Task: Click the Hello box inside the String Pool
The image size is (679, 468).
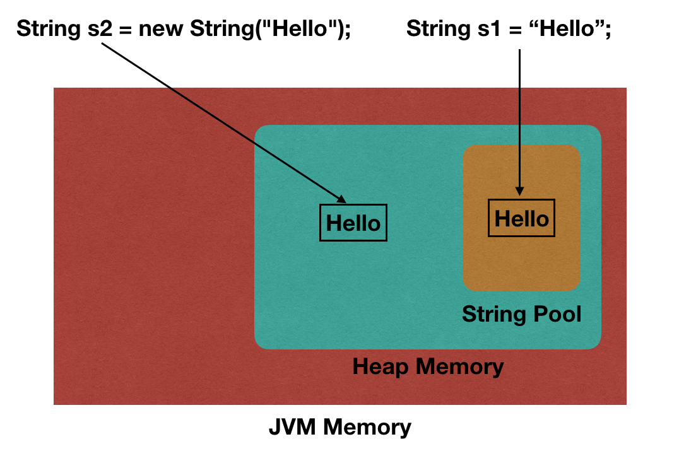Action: (522, 218)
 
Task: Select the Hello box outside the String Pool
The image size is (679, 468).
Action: (353, 223)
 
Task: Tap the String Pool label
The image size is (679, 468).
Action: (521, 313)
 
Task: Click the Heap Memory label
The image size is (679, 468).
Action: (428, 366)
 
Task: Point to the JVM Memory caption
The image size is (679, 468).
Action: (339, 427)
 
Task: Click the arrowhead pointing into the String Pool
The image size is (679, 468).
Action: (519, 190)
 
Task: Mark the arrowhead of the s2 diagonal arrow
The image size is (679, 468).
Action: (341, 199)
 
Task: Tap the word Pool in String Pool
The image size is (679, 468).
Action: (557, 313)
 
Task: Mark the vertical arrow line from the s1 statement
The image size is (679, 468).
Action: (519, 120)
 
